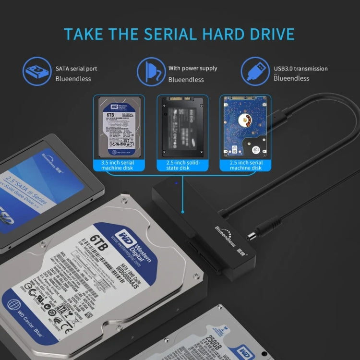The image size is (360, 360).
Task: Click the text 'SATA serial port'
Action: pyautogui.click(x=76, y=69)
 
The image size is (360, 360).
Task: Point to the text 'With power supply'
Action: pyautogui.click(x=192, y=69)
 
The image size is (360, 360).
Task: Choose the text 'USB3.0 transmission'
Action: pyautogui.click(x=300, y=69)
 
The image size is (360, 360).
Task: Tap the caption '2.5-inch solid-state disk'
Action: pyautogui.click(x=182, y=166)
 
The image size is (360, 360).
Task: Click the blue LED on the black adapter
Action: pyautogui.click(x=176, y=183)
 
